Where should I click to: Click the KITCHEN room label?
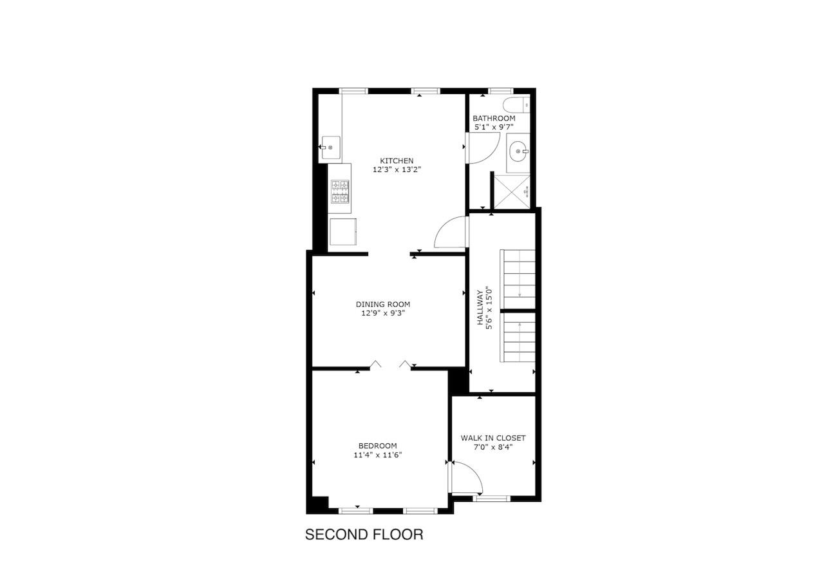click(397, 161)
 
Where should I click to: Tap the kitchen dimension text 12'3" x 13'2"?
click(397, 169)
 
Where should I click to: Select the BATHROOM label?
click(494, 119)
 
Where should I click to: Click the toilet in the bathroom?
click(516, 105)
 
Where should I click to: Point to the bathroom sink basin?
click(519, 151)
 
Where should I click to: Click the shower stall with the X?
click(512, 192)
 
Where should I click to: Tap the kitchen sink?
click(331, 148)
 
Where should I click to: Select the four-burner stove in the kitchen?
click(340, 191)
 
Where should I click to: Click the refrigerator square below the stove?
click(343, 232)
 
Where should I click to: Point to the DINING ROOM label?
click(383, 304)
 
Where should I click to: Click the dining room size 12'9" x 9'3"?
click(383, 313)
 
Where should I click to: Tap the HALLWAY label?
click(480, 308)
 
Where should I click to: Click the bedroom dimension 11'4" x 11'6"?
click(378, 455)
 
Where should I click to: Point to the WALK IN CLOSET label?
click(493, 438)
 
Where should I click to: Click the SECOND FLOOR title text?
click(364, 535)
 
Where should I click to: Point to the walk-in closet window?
click(491, 499)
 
